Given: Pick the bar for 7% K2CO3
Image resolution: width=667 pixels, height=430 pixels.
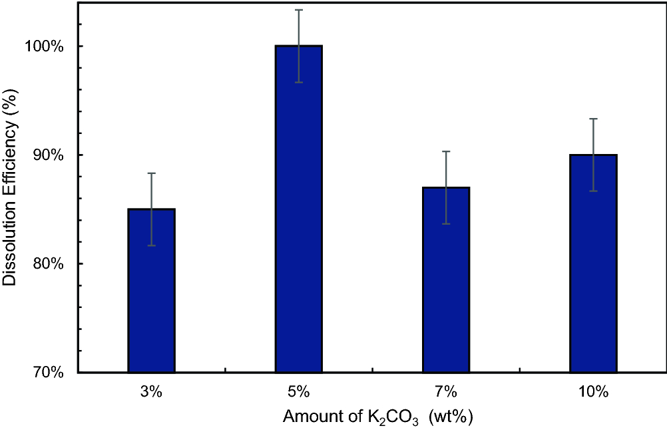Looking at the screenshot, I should point(446,279).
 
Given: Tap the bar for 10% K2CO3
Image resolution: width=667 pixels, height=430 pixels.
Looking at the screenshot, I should point(593,263).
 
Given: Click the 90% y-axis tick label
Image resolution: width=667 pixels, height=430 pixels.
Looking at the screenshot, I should point(51,155).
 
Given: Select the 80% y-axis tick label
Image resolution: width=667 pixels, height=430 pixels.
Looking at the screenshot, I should point(51,264).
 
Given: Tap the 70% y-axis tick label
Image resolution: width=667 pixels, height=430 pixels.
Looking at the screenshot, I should point(51,373).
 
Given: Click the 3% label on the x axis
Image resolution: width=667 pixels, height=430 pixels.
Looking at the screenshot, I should point(152,392).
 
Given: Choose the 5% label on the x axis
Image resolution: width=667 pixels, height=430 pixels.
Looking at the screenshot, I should point(299,392).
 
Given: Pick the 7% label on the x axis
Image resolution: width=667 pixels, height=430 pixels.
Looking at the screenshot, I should point(446,392).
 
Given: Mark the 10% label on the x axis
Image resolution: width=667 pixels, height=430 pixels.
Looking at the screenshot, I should point(593,392).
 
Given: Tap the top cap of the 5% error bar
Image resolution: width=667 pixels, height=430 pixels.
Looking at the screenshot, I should point(299,10).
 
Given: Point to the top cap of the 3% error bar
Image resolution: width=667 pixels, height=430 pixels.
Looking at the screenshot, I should point(152,173).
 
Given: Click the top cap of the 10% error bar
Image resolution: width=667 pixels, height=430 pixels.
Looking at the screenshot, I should point(593,119).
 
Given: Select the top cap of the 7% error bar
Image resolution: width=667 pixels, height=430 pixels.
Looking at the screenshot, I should point(446,152).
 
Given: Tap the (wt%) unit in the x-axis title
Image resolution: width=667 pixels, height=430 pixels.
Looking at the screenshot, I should point(452,418).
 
